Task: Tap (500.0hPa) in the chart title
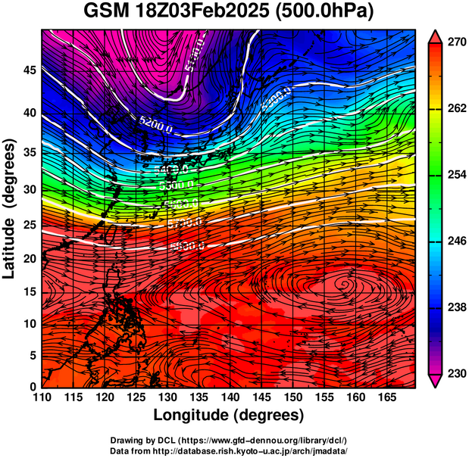click(x=330, y=13)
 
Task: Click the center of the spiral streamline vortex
click(x=345, y=284)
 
